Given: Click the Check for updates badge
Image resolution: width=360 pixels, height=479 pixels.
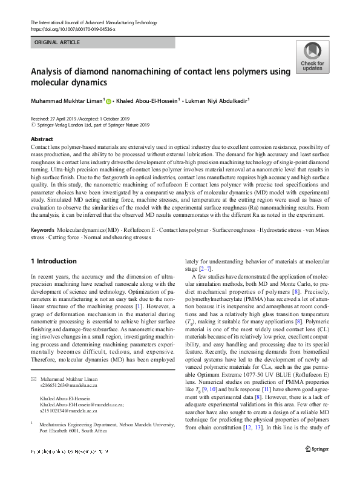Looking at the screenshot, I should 312,58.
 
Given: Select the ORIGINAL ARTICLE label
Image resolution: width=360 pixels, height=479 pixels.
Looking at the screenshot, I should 57,42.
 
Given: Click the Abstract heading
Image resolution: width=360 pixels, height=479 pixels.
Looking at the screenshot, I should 42,139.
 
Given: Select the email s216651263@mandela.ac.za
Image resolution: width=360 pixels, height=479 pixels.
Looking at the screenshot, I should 67,368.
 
